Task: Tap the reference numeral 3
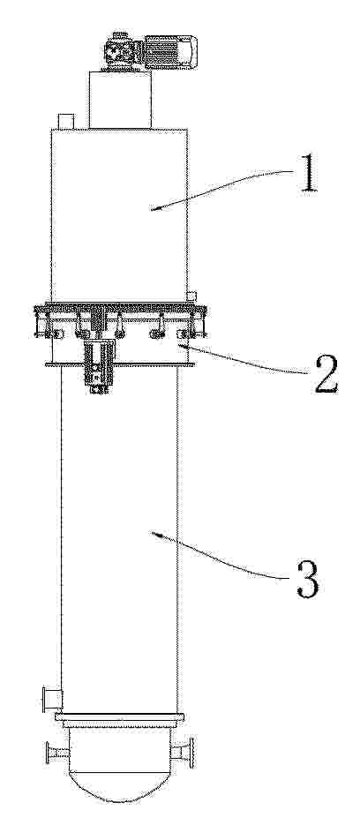307,578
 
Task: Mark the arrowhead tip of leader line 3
152,534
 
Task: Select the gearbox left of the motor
124,51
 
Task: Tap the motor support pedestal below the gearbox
120,100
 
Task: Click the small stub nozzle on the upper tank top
65,121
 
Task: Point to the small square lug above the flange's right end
191,296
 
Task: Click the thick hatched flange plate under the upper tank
119,308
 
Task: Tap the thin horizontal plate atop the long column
120,364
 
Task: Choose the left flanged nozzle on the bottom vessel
58,753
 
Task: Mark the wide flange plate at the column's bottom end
119,716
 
